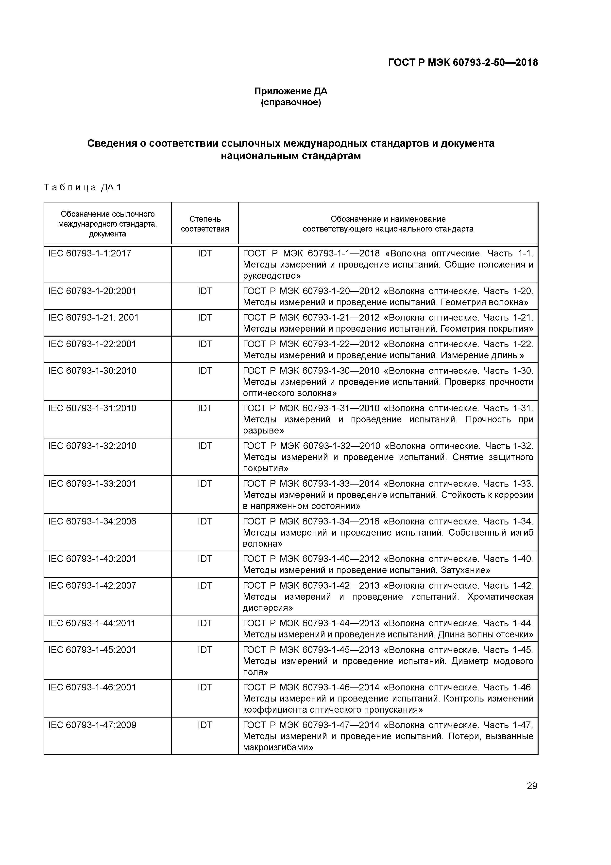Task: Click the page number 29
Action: (532, 786)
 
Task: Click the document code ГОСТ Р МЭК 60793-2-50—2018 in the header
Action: (463, 63)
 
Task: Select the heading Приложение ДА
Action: (291, 91)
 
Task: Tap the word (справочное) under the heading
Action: (291, 103)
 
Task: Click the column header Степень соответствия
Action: (205, 224)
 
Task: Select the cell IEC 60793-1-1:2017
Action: (90, 253)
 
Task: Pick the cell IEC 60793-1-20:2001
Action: (92, 291)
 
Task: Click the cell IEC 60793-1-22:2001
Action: (92, 344)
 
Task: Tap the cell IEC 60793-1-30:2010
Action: (92, 371)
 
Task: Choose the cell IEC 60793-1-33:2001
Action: (92, 484)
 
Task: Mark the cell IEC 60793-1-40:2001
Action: (92, 559)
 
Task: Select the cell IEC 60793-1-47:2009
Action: (92, 725)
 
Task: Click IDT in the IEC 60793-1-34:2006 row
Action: (205, 522)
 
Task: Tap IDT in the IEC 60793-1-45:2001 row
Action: (205, 650)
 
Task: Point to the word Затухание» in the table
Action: (465, 570)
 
